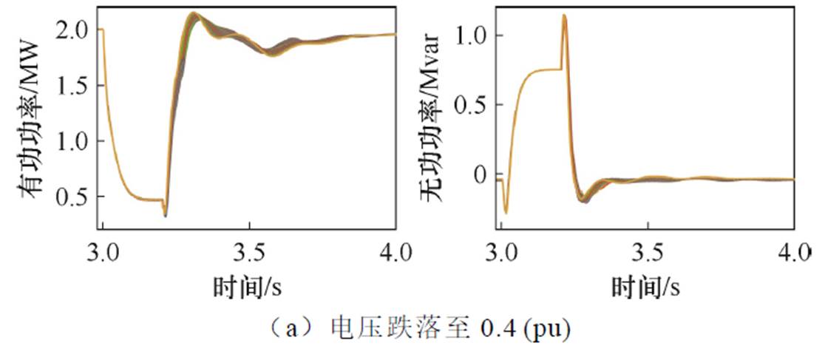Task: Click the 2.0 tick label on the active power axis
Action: pos(73,30)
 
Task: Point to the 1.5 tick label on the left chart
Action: pos(73,86)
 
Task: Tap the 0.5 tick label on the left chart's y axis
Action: pos(73,197)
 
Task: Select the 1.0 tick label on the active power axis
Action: pos(73,141)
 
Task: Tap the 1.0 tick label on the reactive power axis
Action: pos(471,35)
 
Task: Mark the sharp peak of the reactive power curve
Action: pos(564,16)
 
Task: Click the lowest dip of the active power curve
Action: pos(165,215)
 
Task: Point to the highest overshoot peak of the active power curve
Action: pos(193,13)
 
